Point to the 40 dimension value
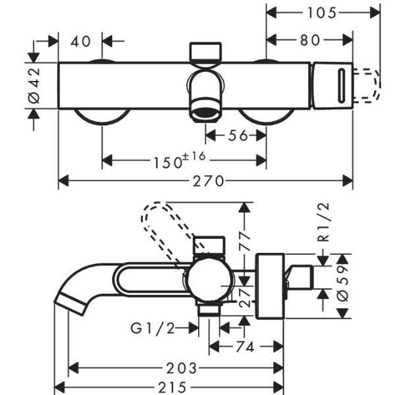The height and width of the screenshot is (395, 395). point(81,41)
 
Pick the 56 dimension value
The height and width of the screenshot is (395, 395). point(236,136)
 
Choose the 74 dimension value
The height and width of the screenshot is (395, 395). point(244,346)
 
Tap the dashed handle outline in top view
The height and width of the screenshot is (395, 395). point(369,85)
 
